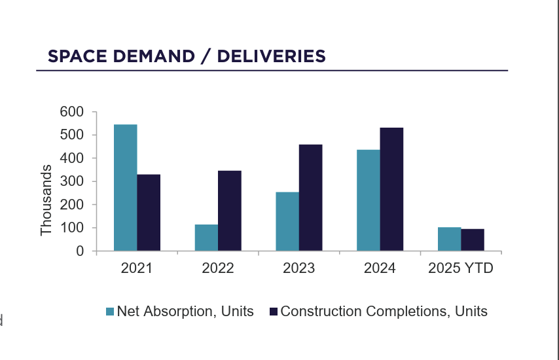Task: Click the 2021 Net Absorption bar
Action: (125, 187)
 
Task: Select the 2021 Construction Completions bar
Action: (149, 212)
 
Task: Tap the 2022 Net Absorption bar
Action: (206, 238)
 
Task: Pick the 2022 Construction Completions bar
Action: (230, 210)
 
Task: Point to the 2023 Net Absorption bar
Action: (287, 221)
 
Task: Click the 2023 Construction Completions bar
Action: (311, 197)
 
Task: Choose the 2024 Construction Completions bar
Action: (391, 189)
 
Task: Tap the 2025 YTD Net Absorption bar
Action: (449, 239)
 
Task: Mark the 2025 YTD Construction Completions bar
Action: (473, 240)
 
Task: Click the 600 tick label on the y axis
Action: (71, 112)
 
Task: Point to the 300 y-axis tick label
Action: (71, 181)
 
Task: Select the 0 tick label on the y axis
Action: (80, 251)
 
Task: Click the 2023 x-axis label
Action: (298, 268)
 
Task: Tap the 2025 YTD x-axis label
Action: (460, 268)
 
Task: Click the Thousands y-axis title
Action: (46, 200)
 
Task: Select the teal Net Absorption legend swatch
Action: (110, 312)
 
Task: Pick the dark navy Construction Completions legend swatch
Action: (274, 312)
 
